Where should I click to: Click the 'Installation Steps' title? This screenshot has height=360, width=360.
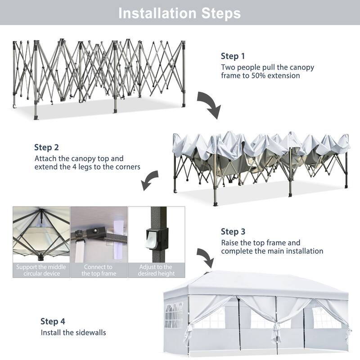coord(180,13)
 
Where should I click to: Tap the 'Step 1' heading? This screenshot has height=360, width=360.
coord(233,56)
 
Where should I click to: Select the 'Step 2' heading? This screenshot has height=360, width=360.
coord(46,148)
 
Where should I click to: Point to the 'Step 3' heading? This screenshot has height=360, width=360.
coord(233,232)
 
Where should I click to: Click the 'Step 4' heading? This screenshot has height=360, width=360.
coord(53,321)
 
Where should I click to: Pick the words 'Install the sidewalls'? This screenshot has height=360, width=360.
coord(73,333)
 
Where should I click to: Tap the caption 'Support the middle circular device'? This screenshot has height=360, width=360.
coord(41,270)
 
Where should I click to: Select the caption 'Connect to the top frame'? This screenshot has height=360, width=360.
coord(99,270)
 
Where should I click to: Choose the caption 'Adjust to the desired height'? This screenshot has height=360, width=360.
coord(156,270)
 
